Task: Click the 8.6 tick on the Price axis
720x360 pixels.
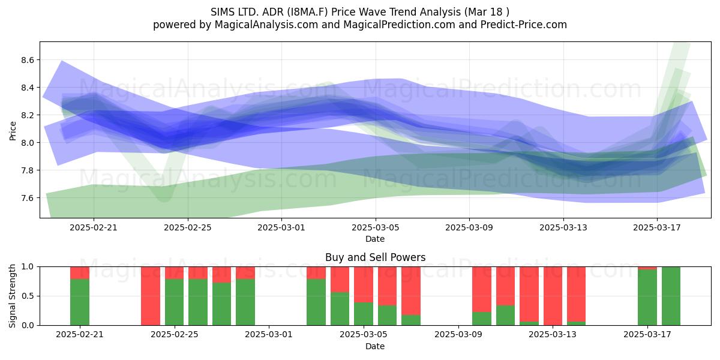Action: [x=28, y=60]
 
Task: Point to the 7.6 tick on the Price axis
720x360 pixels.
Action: [x=28, y=198]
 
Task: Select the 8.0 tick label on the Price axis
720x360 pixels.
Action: [x=28, y=143]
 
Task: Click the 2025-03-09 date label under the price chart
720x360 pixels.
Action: [x=469, y=227]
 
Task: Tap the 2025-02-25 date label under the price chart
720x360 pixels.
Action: [x=188, y=227]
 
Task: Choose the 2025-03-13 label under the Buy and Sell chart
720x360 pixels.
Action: [x=553, y=335]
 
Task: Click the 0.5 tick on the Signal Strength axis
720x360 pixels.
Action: [x=28, y=296]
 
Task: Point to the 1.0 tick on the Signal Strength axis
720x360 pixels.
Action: [x=28, y=267]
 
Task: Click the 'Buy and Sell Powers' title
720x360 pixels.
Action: [x=375, y=257]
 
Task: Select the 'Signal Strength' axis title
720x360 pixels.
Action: [x=12, y=296]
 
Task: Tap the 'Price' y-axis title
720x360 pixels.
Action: [x=13, y=131]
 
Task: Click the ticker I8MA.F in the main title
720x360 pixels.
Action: [x=307, y=12]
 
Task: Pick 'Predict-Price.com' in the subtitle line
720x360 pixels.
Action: [x=524, y=25]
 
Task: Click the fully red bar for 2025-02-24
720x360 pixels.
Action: [x=151, y=296]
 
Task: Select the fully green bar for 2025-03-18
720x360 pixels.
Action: [x=671, y=296]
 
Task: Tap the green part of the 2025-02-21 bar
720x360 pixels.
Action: [x=80, y=302]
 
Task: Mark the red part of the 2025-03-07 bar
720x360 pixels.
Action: [x=411, y=290]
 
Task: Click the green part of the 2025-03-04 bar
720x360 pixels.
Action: [x=340, y=308]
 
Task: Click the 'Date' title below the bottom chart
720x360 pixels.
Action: [x=375, y=346]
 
